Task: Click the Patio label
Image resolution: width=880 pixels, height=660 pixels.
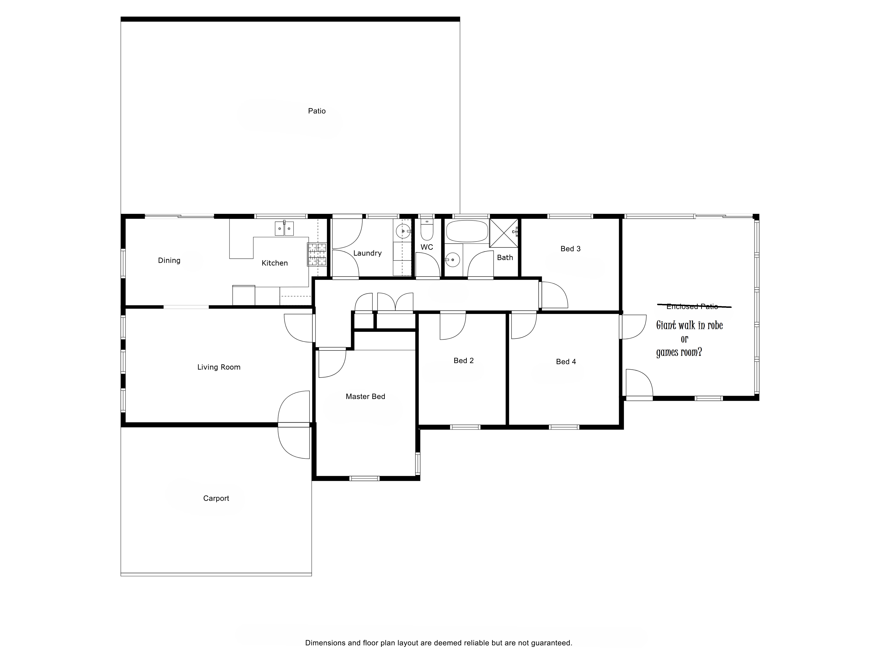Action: pyautogui.click(x=317, y=111)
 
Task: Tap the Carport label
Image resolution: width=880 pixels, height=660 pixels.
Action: pyautogui.click(x=216, y=498)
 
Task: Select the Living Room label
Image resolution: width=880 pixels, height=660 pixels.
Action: pyautogui.click(x=219, y=367)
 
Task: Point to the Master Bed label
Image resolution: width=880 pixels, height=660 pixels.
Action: pyautogui.click(x=365, y=397)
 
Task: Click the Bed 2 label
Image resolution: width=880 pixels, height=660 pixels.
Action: pyautogui.click(x=463, y=361)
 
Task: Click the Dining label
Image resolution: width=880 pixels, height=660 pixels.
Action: pyautogui.click(x=169, y=261)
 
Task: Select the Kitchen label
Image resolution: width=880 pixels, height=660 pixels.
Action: pyautogui.click(x=275, y=263)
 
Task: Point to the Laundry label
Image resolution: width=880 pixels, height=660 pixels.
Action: pyautogui.click(x=367, y=253)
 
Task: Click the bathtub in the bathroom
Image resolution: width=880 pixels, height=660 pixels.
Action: pyautogui.click(x=467, y=231)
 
